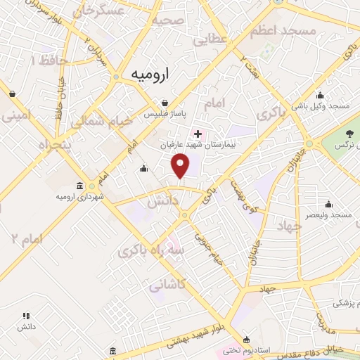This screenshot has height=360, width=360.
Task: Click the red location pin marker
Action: point(181,166)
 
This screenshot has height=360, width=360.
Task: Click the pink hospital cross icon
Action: point(198,134)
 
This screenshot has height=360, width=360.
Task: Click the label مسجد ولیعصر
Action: point(326,214)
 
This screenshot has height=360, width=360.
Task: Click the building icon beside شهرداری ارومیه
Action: point(79,186)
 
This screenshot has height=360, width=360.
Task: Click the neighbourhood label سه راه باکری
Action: point(147,249)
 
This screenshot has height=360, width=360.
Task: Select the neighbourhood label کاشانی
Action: point(167,285)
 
